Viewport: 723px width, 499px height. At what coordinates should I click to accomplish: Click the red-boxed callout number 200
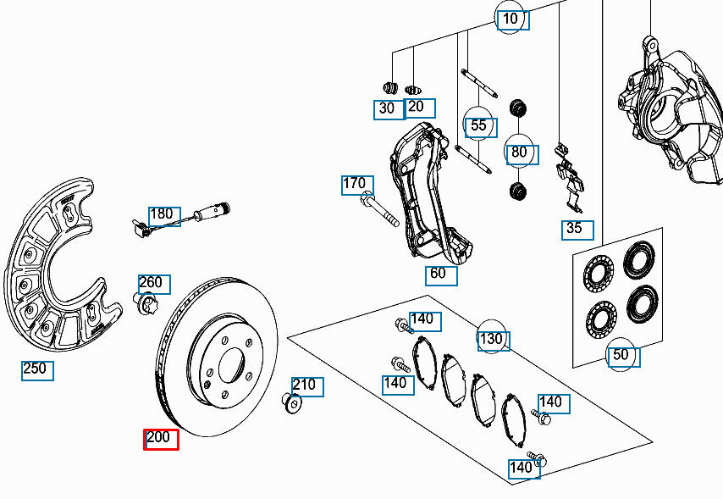[161, 439]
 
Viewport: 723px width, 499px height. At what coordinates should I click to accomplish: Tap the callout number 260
[154, 284]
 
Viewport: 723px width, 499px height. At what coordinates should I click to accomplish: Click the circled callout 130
[491, 339]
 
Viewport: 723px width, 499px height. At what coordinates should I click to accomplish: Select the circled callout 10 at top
[511, 19]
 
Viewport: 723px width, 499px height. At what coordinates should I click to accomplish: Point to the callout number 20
[418, 107]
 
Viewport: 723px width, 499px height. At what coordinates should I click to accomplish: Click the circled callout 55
[479, 126]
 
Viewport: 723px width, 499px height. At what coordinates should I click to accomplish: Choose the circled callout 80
[519, 153]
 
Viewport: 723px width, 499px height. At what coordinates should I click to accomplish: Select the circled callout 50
[622, 356]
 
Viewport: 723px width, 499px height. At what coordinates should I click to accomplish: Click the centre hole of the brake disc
[231, 367]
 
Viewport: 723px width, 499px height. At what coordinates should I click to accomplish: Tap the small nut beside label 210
[292, 403]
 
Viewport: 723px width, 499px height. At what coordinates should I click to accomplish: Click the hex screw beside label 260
[145, 302]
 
